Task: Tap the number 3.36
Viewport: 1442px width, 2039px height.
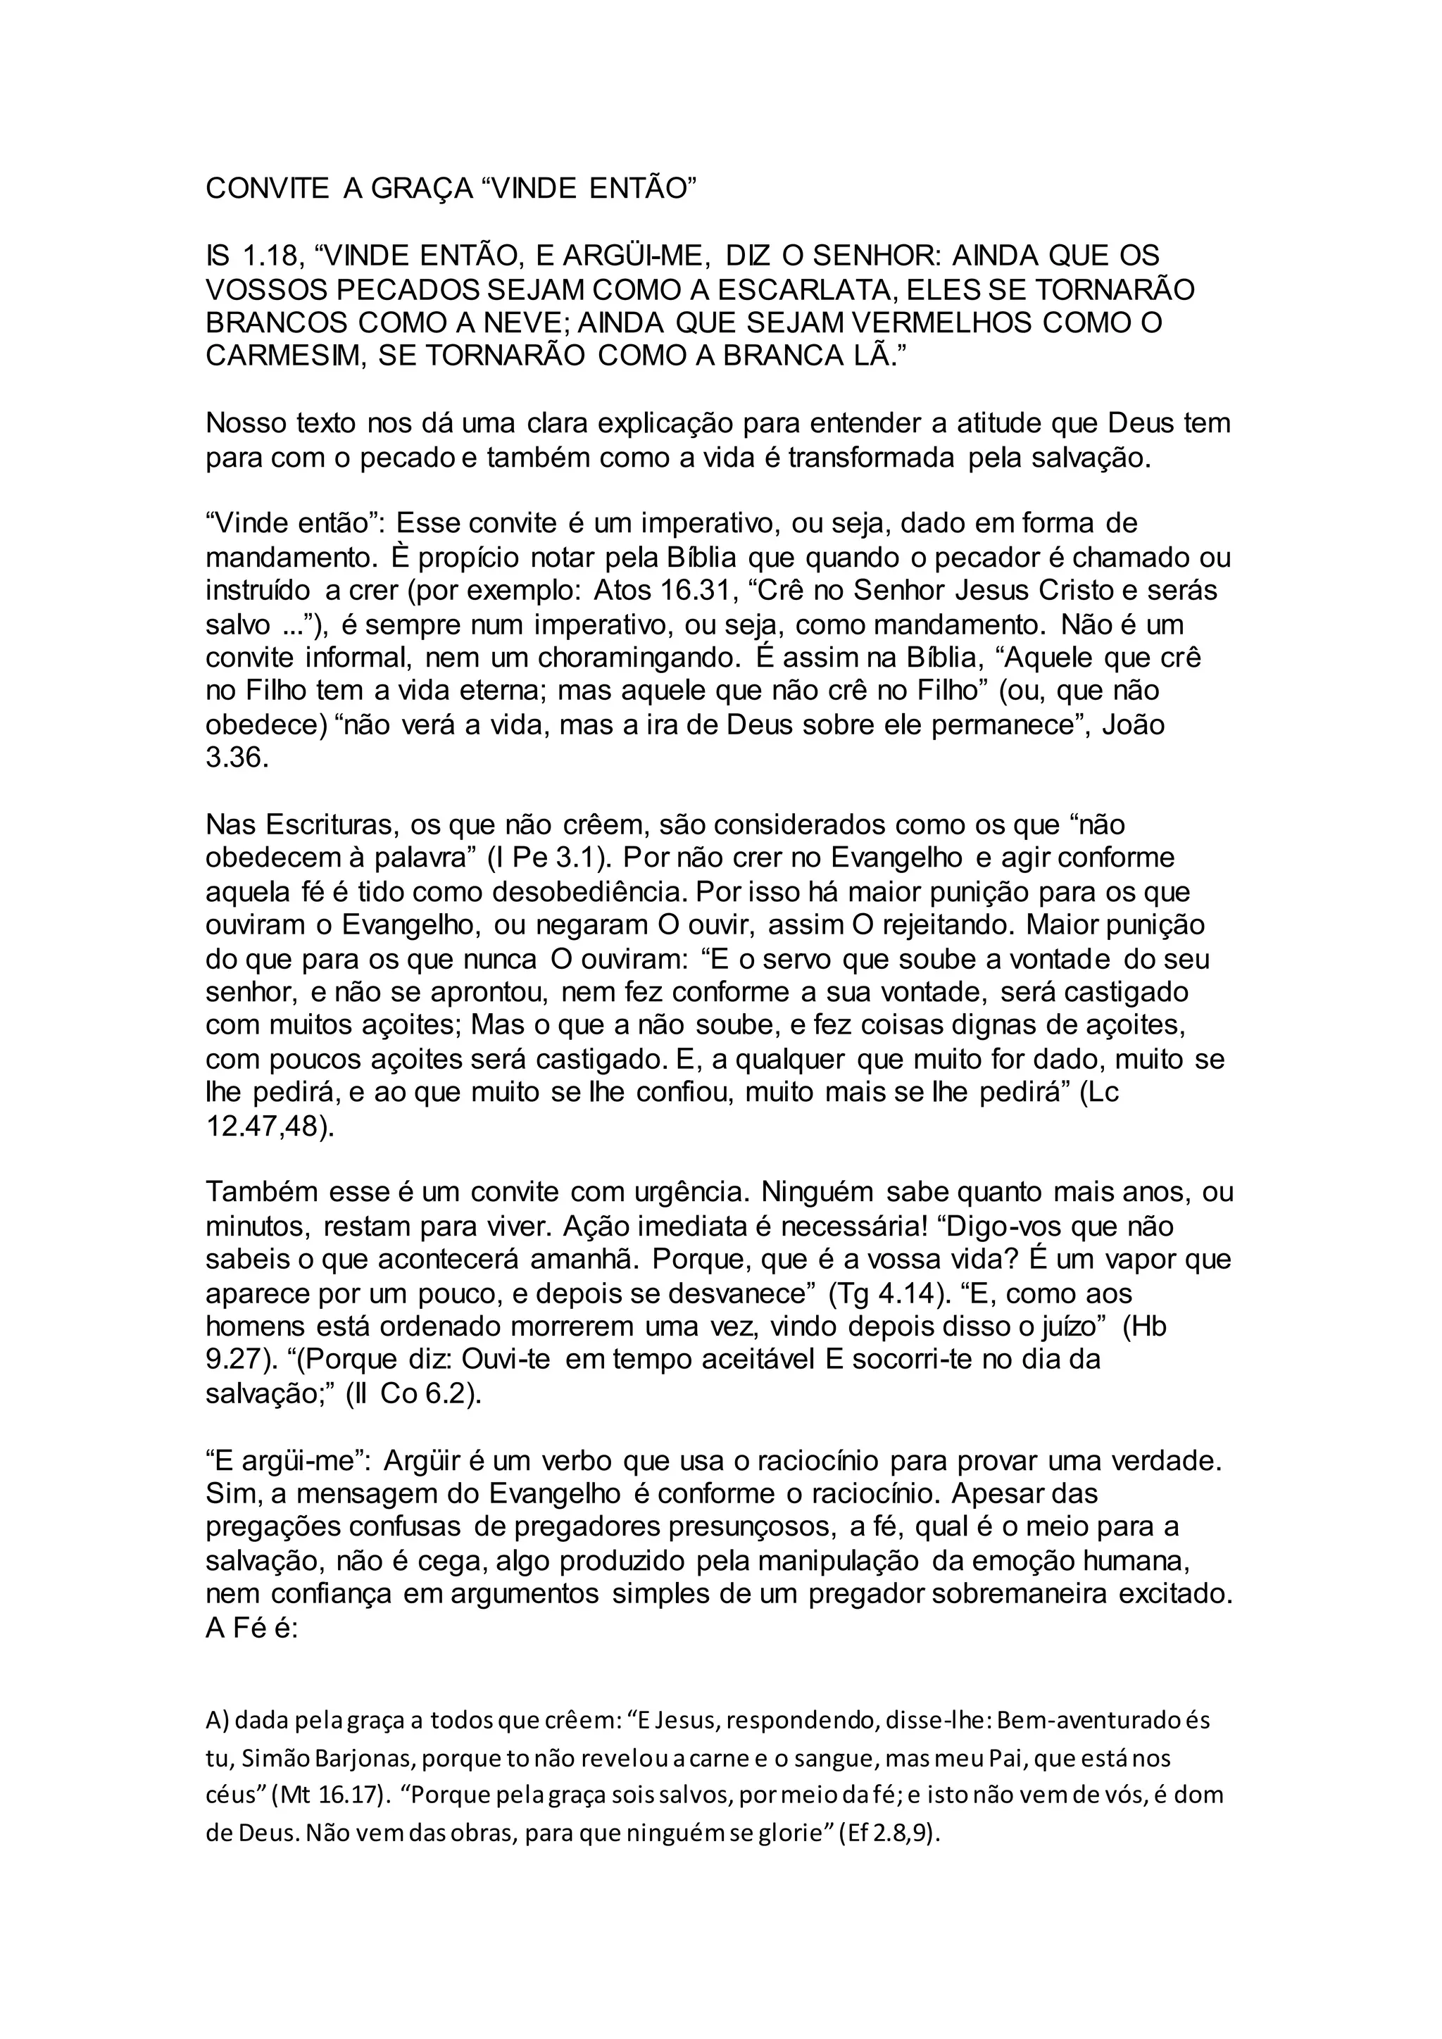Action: point(237,758)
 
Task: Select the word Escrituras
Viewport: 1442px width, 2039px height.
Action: point(330,825)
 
